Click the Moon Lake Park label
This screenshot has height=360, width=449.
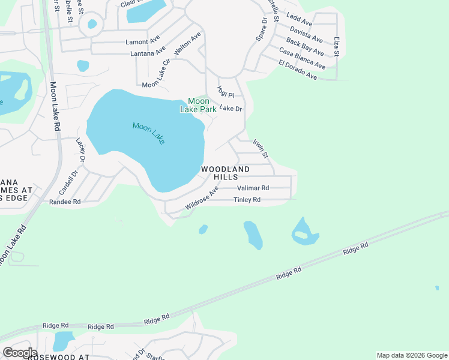pyautogui.click(x=199, y=105)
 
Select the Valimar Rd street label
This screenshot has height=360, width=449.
pyautogui.click(x=253, y=188)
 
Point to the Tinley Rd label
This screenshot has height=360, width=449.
pyautogui.click(x=247, y=200)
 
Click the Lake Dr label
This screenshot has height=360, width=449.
pyautogui.click(x=230, y=108)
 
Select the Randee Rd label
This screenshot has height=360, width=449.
pyautogui.click(x=64, y=202)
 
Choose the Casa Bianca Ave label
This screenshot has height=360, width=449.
pyautogui.click(x=302, y=59)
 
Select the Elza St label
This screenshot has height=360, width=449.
pyautogui.click(x=337, y=47)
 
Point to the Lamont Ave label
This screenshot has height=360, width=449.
pyautogui.click(x=142, y=42)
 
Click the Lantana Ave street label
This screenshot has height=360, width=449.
pyautogui.click(x=148, y=53)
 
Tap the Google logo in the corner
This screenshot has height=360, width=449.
pyautogui.click(x=20, y=353)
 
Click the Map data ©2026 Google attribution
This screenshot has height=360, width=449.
pyautogui.click(x=412, y=355)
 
